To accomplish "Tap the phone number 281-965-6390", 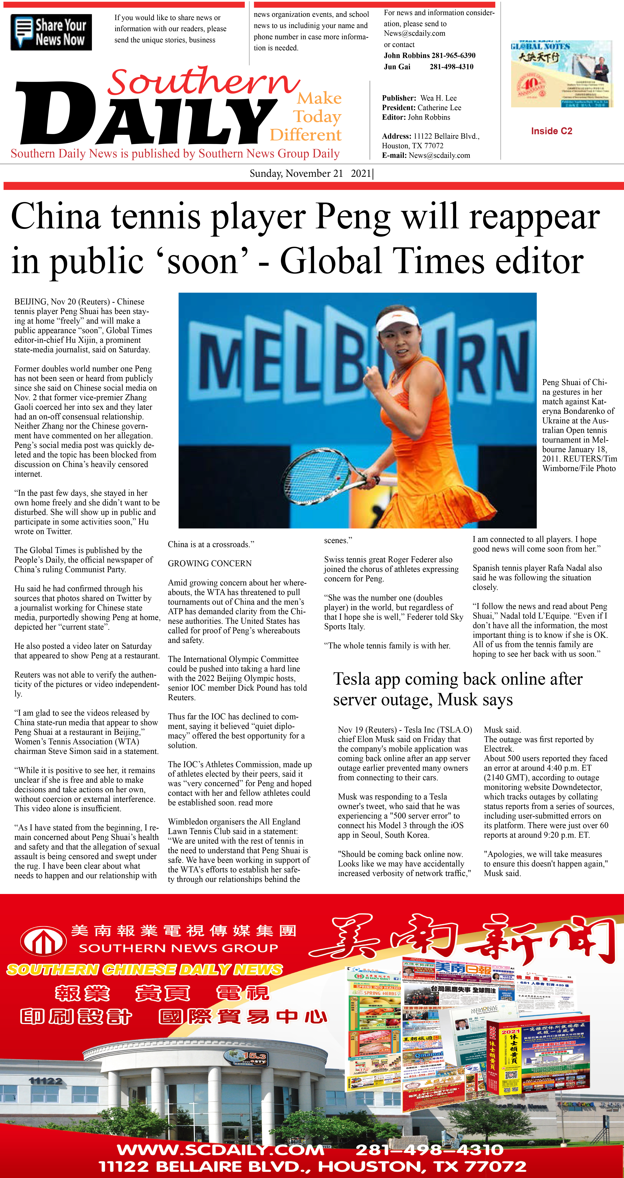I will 454,55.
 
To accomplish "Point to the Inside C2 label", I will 551,131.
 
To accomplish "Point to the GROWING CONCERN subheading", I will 209,563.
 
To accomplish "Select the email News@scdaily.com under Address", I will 439,155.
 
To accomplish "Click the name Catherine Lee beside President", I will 439,108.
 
